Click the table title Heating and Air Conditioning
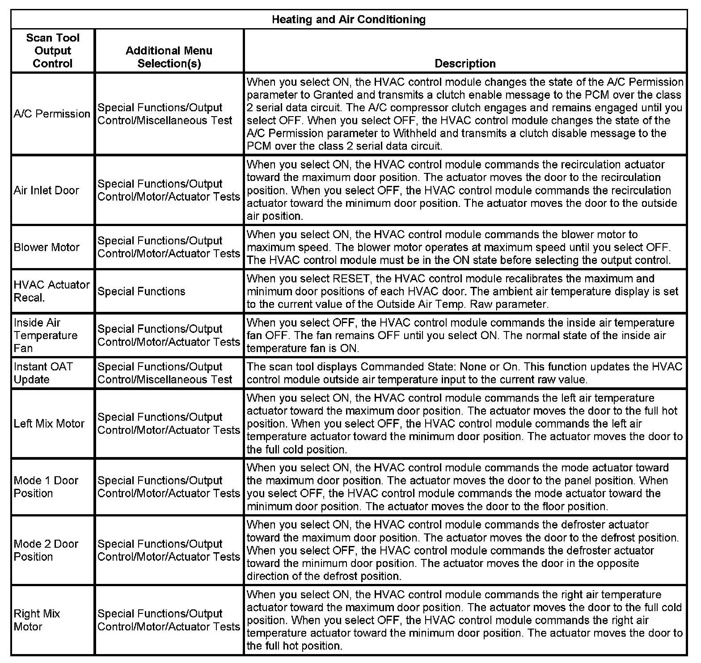pos(348,20)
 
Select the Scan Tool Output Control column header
pos(52,50)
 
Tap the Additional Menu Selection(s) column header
pos(169,57)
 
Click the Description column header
pos(465,63)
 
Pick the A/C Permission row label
pos(52,114)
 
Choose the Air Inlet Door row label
pos(46,190)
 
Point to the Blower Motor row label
pos(46,247)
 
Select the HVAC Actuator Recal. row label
pos(51,291)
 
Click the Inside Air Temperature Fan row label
pos(45,335)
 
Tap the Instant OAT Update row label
pos(43,373)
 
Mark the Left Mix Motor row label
pos(49,424)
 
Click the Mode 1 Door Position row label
pos(46,487)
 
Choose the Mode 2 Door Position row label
pos(46,550)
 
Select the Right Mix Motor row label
pos(37,620)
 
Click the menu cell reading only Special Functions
pos(141,291)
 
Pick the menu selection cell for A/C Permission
pos(165,114)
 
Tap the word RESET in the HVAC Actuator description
pos(351,279)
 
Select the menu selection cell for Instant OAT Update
pos(165,373)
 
